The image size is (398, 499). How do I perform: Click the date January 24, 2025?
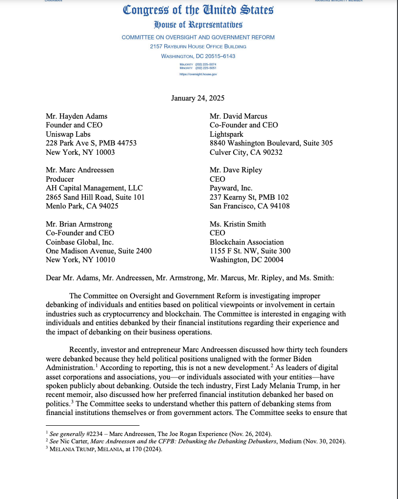click(198, 98)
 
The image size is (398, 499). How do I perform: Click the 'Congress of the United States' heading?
click(198, 10)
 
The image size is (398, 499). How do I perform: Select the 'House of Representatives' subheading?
click(198, 24)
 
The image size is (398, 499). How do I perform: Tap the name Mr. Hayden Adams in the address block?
click(77, 116)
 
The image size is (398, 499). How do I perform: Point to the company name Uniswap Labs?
click(68, 134)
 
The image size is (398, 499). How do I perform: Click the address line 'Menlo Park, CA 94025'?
click(82, 206)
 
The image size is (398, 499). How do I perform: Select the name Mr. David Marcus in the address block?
click(239, 116)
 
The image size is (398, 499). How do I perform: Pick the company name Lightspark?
click(227, 134)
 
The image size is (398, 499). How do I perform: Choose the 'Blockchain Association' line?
click(247, 242)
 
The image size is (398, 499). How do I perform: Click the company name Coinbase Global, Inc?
click(80, 242)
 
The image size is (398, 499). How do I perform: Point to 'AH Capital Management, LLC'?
click(94, 188)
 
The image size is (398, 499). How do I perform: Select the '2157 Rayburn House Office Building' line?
click(198, 46)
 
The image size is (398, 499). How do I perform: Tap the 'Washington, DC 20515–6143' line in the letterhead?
click(198, 56)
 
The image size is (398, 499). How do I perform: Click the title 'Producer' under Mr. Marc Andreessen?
click(60, 179)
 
